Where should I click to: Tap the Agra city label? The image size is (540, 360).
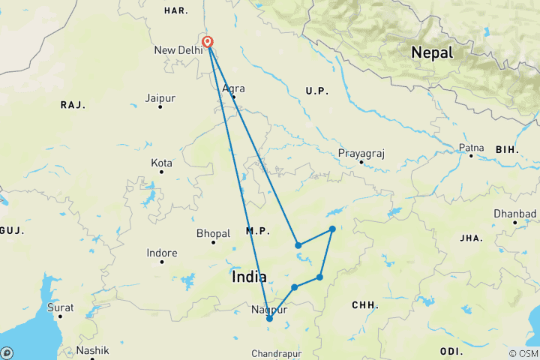[232, 88]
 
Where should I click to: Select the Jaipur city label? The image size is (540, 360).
[160, 98]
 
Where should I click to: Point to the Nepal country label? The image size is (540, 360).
[431, 53]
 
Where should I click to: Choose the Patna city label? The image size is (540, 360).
[471, 148]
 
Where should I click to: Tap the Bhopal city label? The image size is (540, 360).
[213, 233]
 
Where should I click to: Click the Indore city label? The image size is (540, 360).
[162, 253]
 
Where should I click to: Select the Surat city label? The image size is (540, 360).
[61, 307]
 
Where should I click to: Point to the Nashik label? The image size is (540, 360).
[92, 350]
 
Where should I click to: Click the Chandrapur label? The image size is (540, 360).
[276, 352]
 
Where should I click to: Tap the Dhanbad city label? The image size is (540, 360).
[514, 214]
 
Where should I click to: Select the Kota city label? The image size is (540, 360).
[161, 163]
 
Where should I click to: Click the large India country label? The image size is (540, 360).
[249, 277]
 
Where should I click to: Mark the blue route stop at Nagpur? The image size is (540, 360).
[269, 319]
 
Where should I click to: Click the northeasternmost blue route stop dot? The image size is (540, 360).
[331, 229]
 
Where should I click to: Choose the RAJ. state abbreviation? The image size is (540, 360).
[72, 105]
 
